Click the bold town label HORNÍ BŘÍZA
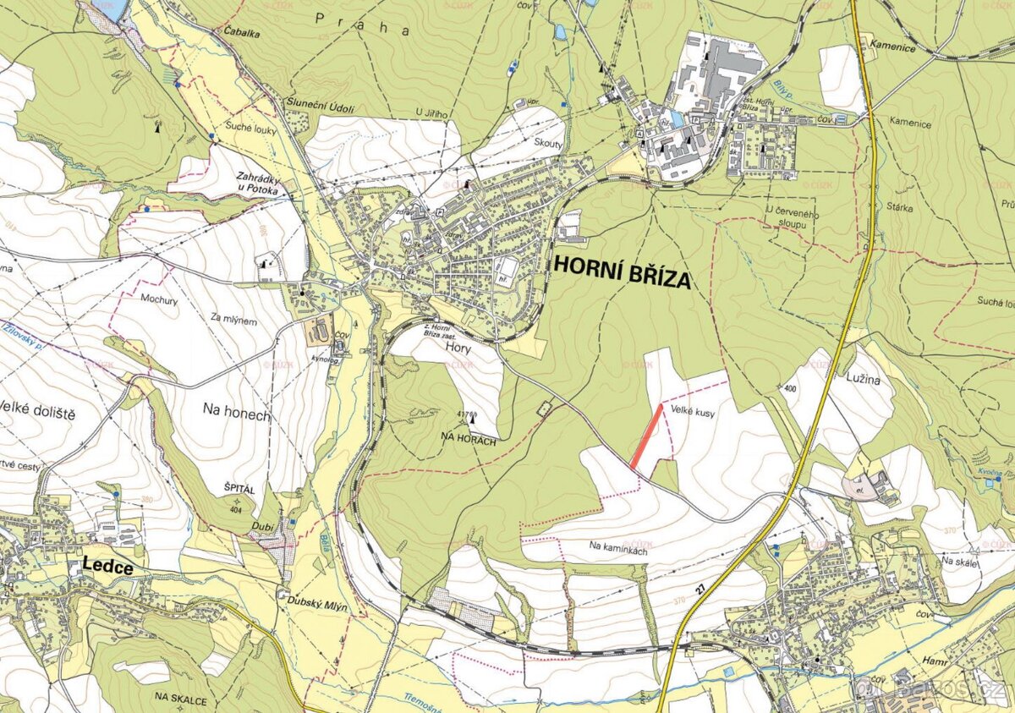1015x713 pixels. pos(622,272)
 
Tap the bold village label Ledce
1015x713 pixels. pos(107,568)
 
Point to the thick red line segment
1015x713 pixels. pos(646,436)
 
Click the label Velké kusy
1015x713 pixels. pos(691,410)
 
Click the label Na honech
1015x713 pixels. pos(236,414)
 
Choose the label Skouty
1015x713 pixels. pos(549,145)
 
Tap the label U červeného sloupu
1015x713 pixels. pos(793,215)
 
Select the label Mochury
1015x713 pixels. pos(158,299)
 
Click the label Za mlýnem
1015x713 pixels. pos(233,317)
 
